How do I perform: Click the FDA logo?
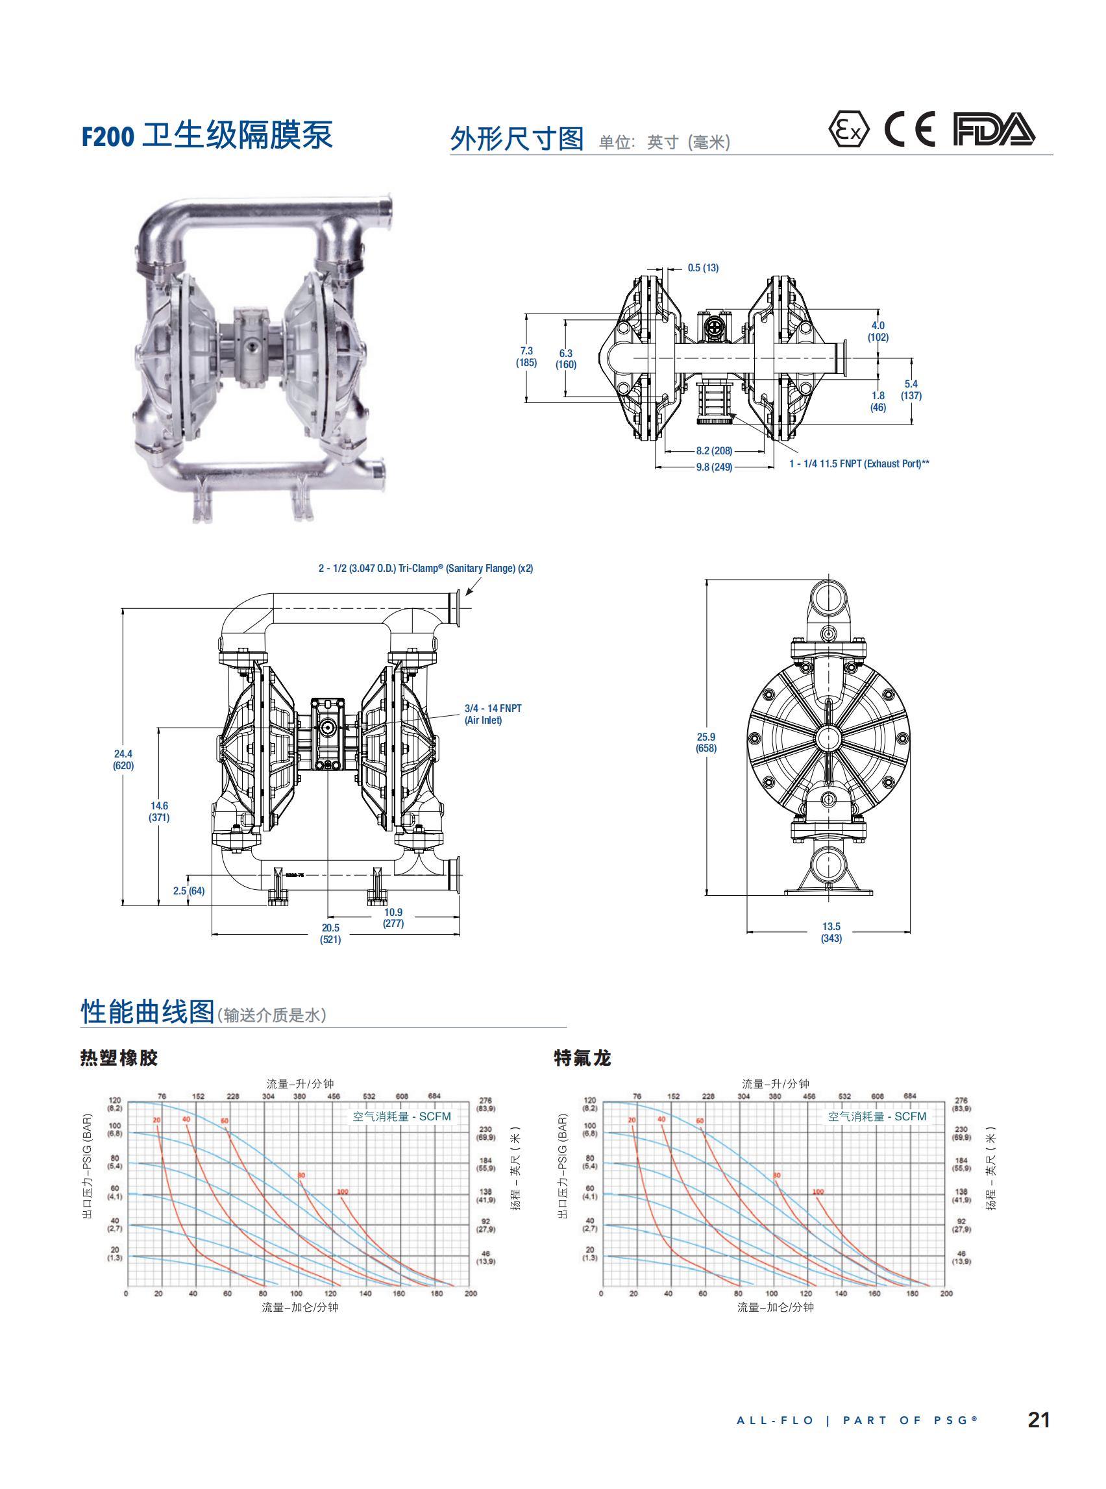pos(994,130)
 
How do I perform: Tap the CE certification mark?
pos(909,130)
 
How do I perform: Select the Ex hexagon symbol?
pos(848,130)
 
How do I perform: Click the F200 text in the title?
pos(108,136)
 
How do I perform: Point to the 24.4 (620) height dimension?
pos(123,760)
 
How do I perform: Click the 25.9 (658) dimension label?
pos(706,742)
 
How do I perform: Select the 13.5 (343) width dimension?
pos(831,932)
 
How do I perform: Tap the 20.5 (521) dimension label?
pos(331,933)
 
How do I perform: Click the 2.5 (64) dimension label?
pos(189,891)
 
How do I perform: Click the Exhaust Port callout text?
pos(858,463)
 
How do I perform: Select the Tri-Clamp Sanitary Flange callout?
pos(425,569)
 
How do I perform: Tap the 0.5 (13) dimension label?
pos(703,268)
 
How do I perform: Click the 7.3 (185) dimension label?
pos(526,356)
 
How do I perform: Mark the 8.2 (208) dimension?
pos(714,450)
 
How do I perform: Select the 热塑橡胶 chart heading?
pos(119,1058)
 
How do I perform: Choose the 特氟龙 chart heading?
pos(582,1058)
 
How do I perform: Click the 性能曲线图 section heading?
pos(147,1012)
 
